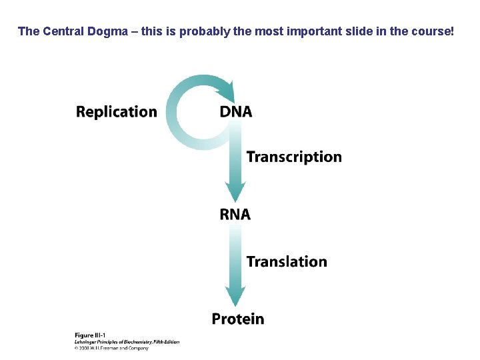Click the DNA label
(x=236, y=111)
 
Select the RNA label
(x=235, y=214)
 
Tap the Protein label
(x=238, y=319)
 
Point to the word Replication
(x=117, y=111)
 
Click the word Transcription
(x=294, y=157)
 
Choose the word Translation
(x=287, y=261)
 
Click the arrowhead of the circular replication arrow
(x=226, y=89)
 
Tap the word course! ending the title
(x=433, y=31)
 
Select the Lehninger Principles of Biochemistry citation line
(x=127, y=341)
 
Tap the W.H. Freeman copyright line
(x=111, y=348)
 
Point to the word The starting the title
(x=29, y=31)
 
